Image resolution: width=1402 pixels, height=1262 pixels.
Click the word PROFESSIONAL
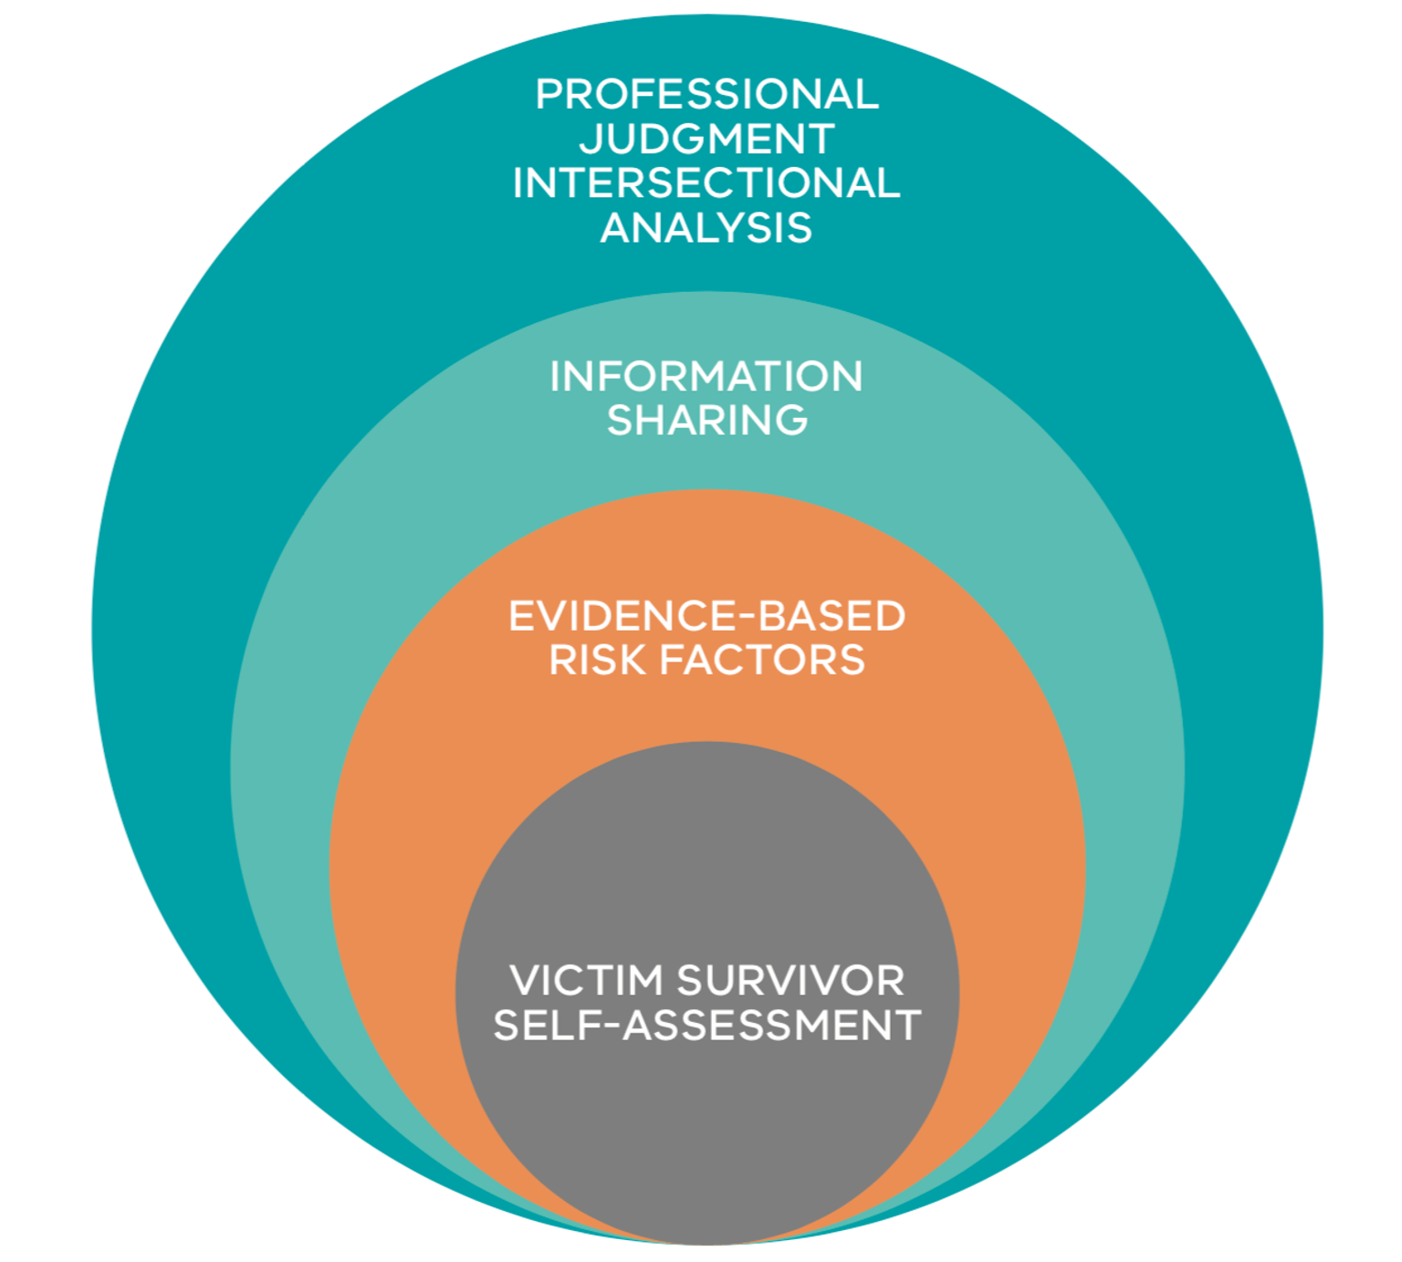[x=706, y=94]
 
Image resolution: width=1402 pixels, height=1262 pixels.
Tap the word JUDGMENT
[x=706, y=139]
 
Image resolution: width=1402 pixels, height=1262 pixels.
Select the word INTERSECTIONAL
[x=706, y=183]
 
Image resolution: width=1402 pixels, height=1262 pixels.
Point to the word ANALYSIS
[x=706, y=227]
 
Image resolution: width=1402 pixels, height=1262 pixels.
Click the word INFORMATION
[x=706, y=377]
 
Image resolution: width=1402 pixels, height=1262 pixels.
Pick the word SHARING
[x=707, y=421]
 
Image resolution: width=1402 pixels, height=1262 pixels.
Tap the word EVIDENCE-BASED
[x=706, y=616]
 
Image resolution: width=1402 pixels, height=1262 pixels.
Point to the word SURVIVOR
[x=790, y=981]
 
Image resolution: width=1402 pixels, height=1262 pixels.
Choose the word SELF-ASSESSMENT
[x=706, y=1025]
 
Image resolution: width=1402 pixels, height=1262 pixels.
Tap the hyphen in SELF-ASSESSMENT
[x=608, y=1027]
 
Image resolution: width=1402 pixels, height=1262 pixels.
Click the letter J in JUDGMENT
[x=590, y=139]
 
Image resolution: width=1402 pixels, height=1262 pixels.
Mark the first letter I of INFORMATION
[x=555, y=377]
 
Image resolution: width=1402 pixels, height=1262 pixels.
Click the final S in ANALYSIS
[x=800, y=227]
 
